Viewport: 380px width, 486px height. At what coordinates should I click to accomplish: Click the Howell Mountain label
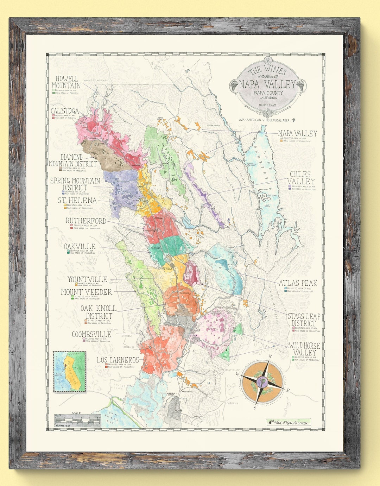tap(66, 82)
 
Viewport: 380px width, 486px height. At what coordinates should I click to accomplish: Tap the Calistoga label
tap(65, 111)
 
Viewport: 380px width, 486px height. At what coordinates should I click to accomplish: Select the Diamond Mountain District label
tap(72, 160)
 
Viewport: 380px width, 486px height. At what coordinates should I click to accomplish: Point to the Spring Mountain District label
tap(75, 184)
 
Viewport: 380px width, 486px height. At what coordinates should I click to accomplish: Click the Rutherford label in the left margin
tap(86, 221)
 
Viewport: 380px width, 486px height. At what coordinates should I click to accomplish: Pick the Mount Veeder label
tap(87, 292)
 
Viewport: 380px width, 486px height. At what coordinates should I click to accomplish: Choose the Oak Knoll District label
tap(99, 312)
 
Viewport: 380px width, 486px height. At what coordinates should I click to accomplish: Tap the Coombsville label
tap(91, 334)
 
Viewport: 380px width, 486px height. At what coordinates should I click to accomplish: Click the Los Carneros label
tap(118, 360)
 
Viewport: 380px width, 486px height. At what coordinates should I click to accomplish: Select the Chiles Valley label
tap(301, 178)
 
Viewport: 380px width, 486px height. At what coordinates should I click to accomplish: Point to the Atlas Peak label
tap(298, 283)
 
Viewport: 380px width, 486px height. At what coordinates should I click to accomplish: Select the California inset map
tap(69, 371)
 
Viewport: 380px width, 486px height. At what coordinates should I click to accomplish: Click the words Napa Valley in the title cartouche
tap(267, 84)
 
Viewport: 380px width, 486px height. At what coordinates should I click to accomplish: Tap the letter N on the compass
tap(270, 356)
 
